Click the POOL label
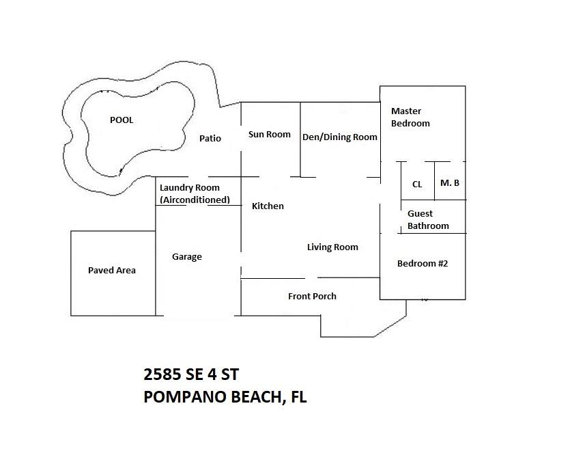point(122,120)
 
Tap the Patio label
point(210,138)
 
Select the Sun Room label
point(270,134)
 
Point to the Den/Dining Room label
point(340,137)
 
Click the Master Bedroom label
point(410,118)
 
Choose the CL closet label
point(417,184)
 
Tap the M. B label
point(450,182)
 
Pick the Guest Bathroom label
point(428,219)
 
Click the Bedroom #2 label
point(423,263)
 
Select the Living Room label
point(333,247)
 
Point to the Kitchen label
point(268,206)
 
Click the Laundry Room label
point(190,187)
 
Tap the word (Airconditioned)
point(195,200)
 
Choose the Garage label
point(187,257)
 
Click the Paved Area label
point(112,270)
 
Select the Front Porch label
point(312,296)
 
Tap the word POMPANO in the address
point(185,396)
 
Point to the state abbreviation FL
point(298,396)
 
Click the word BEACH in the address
point(257,398)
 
